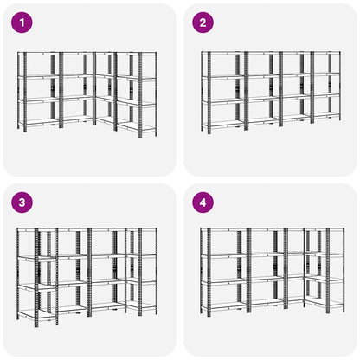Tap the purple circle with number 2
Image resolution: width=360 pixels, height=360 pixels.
coord(203,22)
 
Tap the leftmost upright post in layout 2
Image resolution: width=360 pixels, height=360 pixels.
coord(203,91)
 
